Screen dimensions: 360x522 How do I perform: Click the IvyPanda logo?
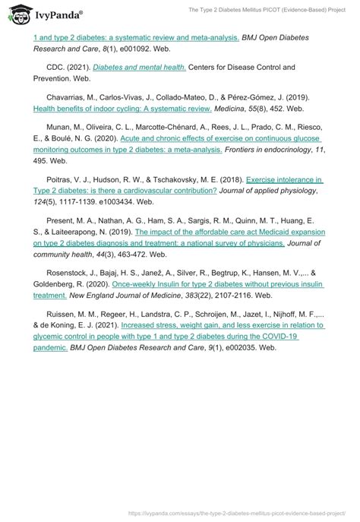[x=48, y=14]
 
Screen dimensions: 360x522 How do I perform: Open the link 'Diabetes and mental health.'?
[x=140, y=67]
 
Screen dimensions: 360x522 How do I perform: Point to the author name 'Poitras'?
[x=58, y=180]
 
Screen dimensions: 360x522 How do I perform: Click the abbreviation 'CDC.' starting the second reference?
[x=56, y=68]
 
